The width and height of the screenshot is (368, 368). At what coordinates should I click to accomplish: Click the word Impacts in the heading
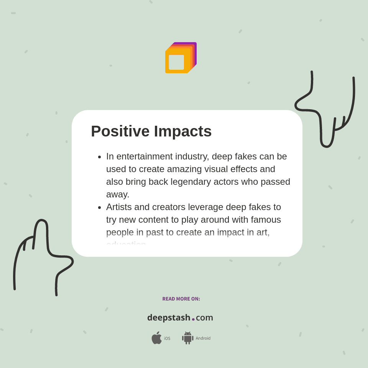point(183,131)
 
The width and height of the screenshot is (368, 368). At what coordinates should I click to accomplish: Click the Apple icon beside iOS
point(156,338)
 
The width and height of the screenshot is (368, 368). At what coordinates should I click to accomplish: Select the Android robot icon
point(187,338)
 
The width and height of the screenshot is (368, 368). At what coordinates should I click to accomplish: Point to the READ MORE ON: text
point(181,299)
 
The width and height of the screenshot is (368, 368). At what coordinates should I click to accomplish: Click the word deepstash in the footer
point(169,318)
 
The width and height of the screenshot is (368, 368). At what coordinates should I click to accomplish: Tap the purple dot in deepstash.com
point(193,319)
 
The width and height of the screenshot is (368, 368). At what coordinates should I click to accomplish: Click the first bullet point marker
point(99,157)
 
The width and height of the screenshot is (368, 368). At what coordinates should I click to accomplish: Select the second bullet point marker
point(99,207)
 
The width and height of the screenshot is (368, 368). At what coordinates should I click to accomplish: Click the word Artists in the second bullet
point(119,207)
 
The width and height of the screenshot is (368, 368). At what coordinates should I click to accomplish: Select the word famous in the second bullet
point(267,220)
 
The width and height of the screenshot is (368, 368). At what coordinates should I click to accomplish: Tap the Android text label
point(203,338)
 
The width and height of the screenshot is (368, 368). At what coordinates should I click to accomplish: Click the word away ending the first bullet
point(118,194)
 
